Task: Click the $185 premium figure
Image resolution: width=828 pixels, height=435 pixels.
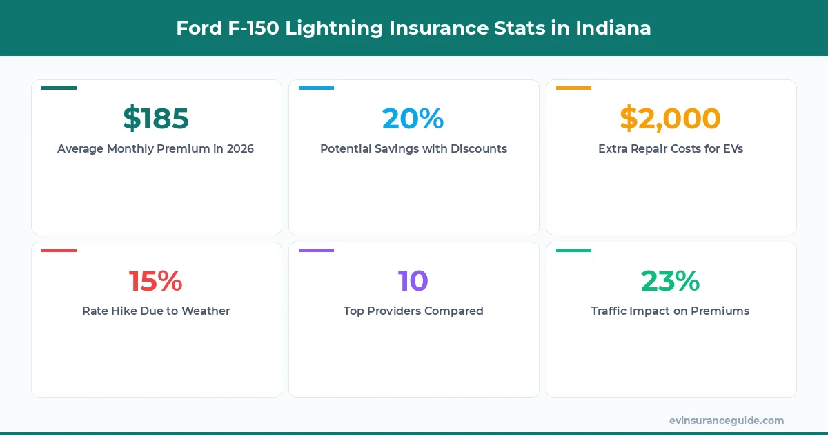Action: click(x=156, y=119)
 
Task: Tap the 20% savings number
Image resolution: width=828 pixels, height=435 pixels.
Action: click(x=413, y=119)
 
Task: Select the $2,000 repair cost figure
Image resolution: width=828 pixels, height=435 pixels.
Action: click(x=670, y=119)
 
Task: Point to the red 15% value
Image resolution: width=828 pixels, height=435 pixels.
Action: click(x=156, y=281)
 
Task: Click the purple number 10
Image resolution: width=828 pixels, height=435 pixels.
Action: click(x=413, y=281)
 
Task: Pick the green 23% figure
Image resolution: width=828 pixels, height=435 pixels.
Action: click(x=670, y=281)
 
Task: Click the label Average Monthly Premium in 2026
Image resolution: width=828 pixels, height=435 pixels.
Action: click(x=156, y=148)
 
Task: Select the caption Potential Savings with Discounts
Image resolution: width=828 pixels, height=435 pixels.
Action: click(x=413, y=148)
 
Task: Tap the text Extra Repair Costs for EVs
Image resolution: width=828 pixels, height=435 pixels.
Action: click(x=670, y=148)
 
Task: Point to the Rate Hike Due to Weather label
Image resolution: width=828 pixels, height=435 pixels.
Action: click(x=156, y=311)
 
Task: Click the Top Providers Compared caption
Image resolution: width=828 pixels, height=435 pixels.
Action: click(x=413, y=311)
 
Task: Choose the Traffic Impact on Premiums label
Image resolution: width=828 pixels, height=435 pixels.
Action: click(x=670, y=311)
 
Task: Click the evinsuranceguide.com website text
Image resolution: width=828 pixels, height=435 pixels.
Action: click(x=727, y=420)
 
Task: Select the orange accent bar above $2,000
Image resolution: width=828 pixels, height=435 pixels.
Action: click(x=573, y=88)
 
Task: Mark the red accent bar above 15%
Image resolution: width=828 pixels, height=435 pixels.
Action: click(x=59, y=250)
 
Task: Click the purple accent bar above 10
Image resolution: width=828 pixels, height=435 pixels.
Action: click(x=316, y=250)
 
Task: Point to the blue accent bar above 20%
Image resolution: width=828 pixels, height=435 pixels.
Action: click(x=316, y=88)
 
